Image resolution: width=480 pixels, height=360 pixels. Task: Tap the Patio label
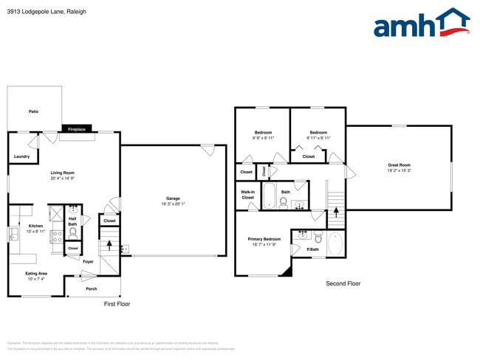click(33, 111)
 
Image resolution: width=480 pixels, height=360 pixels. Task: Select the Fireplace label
click(77, 129)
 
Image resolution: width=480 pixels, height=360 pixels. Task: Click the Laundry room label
click(21, 156)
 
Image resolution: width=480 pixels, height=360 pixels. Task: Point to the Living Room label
click(63, 173)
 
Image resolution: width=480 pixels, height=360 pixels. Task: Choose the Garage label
click(173, 198)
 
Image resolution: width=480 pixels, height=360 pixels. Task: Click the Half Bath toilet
click(72, 232)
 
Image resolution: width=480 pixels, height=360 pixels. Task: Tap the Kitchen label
click(36, 226)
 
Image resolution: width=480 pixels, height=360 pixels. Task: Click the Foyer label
click(87, 261)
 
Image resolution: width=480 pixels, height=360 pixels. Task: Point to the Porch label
click(92, 288)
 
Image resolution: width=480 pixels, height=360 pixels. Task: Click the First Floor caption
click(117, 303)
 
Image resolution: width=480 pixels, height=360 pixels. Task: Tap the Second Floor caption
click(343, 283)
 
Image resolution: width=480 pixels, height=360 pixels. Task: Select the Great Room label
click(399, 165)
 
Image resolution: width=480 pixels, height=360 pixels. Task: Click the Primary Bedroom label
click(264, 239)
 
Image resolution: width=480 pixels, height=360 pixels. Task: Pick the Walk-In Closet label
click(247, 195)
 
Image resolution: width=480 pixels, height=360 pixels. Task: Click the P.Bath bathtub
click(335, 243)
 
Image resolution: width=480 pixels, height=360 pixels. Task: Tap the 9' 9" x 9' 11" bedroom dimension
click(263, 137)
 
